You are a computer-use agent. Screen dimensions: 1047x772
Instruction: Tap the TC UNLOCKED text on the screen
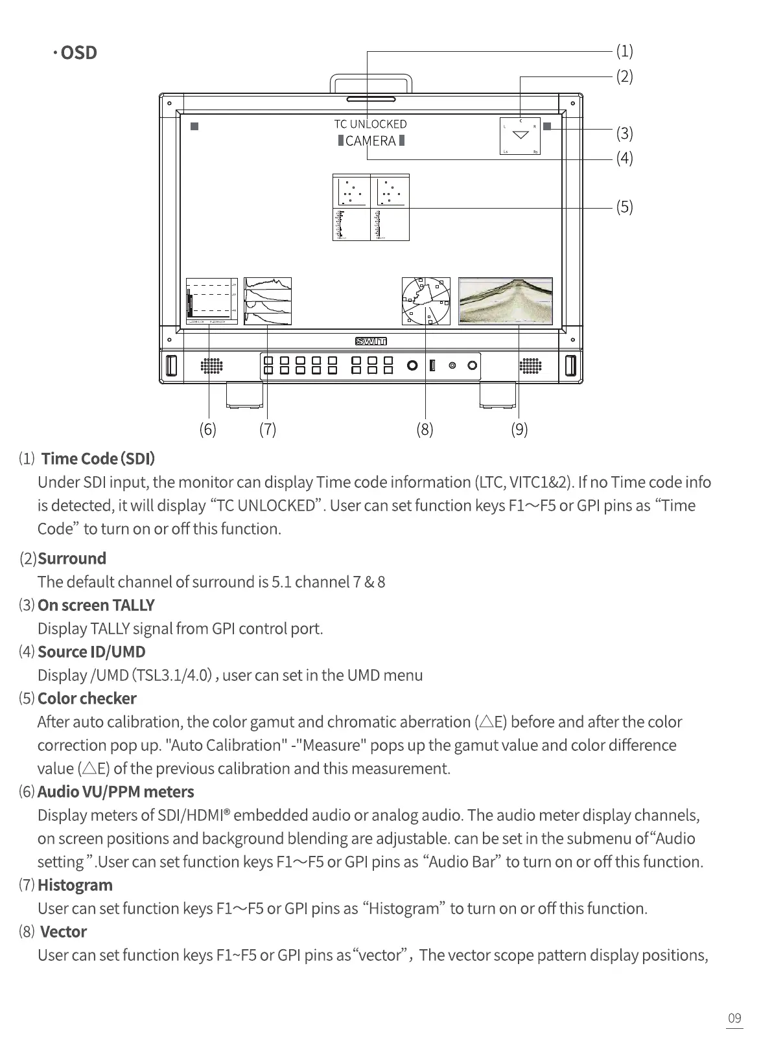click(x=370, y=124)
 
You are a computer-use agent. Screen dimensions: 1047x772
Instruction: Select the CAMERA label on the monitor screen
click(x=371, y=141)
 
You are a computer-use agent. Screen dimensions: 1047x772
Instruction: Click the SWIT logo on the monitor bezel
click(x=371, y=342)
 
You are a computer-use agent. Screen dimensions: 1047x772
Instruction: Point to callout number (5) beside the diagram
click(x=624, y=207)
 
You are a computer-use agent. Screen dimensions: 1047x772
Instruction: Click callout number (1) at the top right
click(x=624, y=51)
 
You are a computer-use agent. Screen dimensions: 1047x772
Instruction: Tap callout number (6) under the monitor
click(x=207, y=429)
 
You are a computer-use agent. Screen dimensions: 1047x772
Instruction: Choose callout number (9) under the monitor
click(x=519, y=429)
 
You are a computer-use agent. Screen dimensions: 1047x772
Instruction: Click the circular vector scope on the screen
click(x=426, y=301)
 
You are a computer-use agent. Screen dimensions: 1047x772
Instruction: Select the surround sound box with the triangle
click(x=520, y=136)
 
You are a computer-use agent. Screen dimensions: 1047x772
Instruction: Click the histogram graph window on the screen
click(x=268, y=301)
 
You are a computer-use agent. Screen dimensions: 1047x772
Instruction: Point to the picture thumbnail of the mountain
click(x=506, y=301)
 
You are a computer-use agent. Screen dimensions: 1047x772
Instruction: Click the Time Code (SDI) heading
click(x=98, y=459)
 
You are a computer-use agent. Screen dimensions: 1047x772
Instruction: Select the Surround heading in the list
click(x=72, y=558)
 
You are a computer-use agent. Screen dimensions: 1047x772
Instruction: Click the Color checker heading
click(x=87, y=698)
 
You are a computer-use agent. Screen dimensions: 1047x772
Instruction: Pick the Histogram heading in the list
click(x=75, y=885)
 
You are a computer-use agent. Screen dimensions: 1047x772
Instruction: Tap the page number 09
click(x=734, y=1018)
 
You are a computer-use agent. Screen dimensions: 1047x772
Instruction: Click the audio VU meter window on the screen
click(x=211, y=301)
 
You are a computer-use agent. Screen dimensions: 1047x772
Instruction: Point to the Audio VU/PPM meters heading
click(x=115, y=792)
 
